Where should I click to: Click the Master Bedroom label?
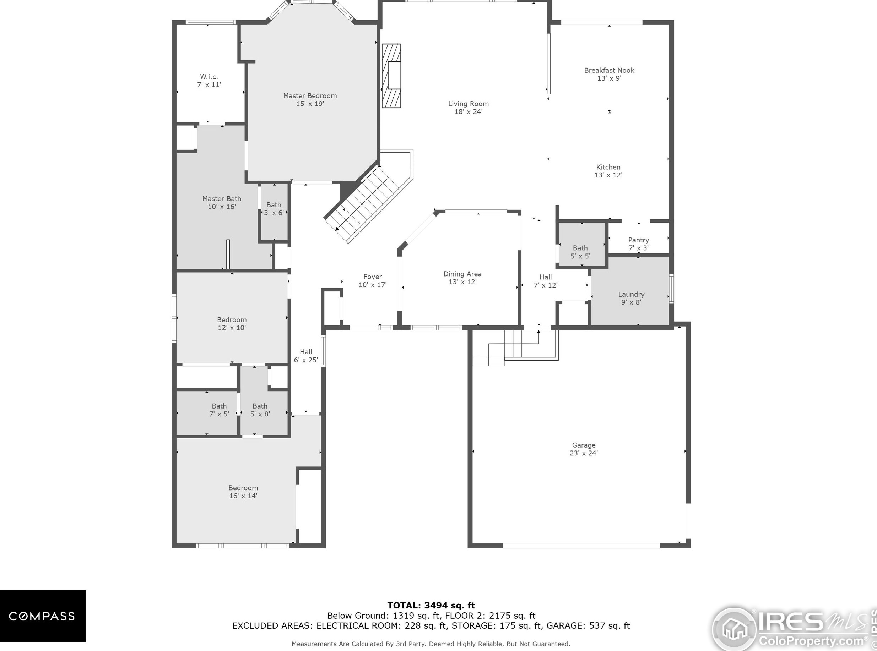pos(310,96)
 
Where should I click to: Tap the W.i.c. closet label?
pos(209,77)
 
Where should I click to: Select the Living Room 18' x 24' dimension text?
pos(469,112)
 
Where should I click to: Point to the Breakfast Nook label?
pos(609,71)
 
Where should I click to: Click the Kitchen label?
pos(608,167)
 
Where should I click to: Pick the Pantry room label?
pos(638,240)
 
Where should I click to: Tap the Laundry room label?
pos(631,294)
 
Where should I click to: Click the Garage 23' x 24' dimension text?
pos(584,453)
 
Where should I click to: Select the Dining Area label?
pos(462,274)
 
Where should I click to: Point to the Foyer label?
pos(373,277)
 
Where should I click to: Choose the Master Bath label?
pos(222,199)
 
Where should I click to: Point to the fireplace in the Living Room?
pos(391,76)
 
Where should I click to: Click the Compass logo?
pos(43,616)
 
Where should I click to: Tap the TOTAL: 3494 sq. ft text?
pos(431,605)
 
